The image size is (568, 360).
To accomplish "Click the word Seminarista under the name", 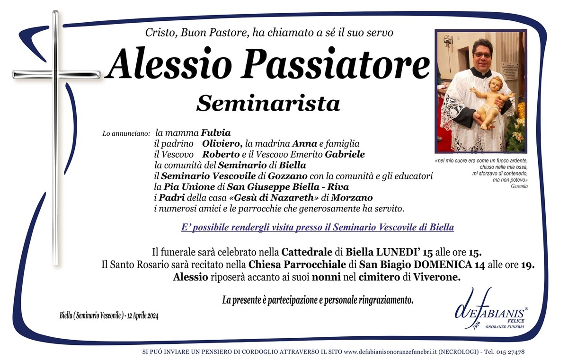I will pos(268,103).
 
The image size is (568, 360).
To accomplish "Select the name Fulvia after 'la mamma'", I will pos(215,133).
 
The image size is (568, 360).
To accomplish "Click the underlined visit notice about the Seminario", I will pos(317,228).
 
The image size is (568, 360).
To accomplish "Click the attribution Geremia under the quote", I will pos(519,186).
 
